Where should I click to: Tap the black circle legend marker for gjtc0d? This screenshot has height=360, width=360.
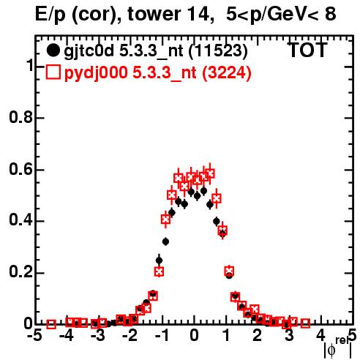click(x=53, y=50)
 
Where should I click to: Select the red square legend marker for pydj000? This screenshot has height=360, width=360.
click(x=53, y=72)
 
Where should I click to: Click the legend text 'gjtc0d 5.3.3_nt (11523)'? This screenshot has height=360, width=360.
click(x=156, y=51)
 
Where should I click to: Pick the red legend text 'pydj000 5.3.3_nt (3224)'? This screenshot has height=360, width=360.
click(x=157, y=72)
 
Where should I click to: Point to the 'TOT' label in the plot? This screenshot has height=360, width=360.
click(x=308, y=50)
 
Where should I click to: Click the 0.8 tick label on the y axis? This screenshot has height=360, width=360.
click(x=20, y=117)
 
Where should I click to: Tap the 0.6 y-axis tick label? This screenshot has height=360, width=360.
click(x=20, y=169)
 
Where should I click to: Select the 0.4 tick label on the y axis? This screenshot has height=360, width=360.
click(x=20, y=221)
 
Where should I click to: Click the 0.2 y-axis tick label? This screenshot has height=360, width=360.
click(x=20, y=272)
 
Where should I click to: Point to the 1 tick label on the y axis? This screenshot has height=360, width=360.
click(x=30, y=66)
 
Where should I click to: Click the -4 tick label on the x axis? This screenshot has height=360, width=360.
click(x=67, y=336)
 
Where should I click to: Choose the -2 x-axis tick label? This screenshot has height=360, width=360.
click(x=130, y=336)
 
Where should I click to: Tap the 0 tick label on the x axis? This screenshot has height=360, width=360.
click(x=194, y=336)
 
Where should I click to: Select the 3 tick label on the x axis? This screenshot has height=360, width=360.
click(x=289, y=336)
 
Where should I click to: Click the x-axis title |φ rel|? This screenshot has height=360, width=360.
click(x=338, y=348)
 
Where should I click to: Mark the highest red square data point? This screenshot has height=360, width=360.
click(x=210, y=173)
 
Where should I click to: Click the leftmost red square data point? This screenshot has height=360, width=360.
click(x=51, y=324)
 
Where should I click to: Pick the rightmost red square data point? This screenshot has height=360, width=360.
click(x=305, y=323)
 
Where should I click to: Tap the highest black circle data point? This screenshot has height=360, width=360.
click(x=203, y=191)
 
